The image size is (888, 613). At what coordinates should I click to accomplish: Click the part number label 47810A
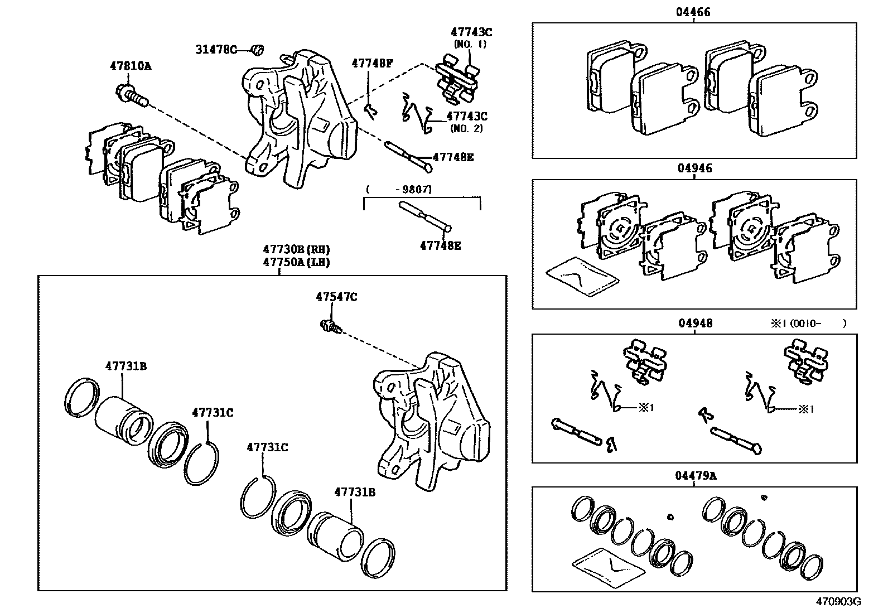coord(130,66)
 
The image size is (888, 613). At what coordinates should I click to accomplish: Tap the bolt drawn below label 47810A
coord(131,95)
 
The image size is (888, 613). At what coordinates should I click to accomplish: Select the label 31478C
coord(216,50)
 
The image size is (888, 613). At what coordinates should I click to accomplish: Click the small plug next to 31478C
coord(257,50)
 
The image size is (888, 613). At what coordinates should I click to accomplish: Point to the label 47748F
coord(372,64)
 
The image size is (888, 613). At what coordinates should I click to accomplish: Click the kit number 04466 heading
coord(694,12)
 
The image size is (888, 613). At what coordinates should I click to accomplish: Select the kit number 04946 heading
coord(694,168)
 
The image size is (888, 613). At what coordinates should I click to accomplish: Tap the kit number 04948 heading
coord(695,323)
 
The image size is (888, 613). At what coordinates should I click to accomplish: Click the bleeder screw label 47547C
coord(336,297)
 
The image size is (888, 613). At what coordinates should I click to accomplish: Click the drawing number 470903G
coord(839,602)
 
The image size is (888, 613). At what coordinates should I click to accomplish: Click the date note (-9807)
coord(398,190)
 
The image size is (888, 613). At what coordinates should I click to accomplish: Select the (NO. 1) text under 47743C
coord(470,44)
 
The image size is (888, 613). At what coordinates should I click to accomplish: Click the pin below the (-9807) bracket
coord(425,216)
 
